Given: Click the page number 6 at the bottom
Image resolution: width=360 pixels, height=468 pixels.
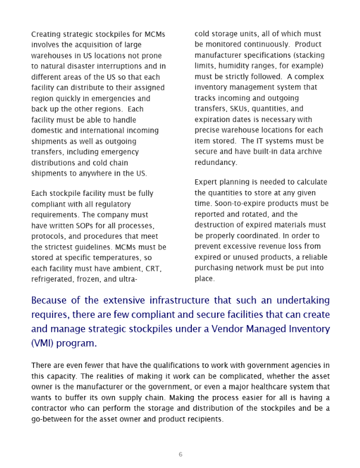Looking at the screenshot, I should (180, 455).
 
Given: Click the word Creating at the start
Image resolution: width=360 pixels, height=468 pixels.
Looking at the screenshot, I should (46, 34).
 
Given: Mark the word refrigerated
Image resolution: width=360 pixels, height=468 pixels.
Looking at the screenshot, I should (54, 279).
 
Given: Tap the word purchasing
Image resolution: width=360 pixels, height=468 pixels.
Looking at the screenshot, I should (218, 267).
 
